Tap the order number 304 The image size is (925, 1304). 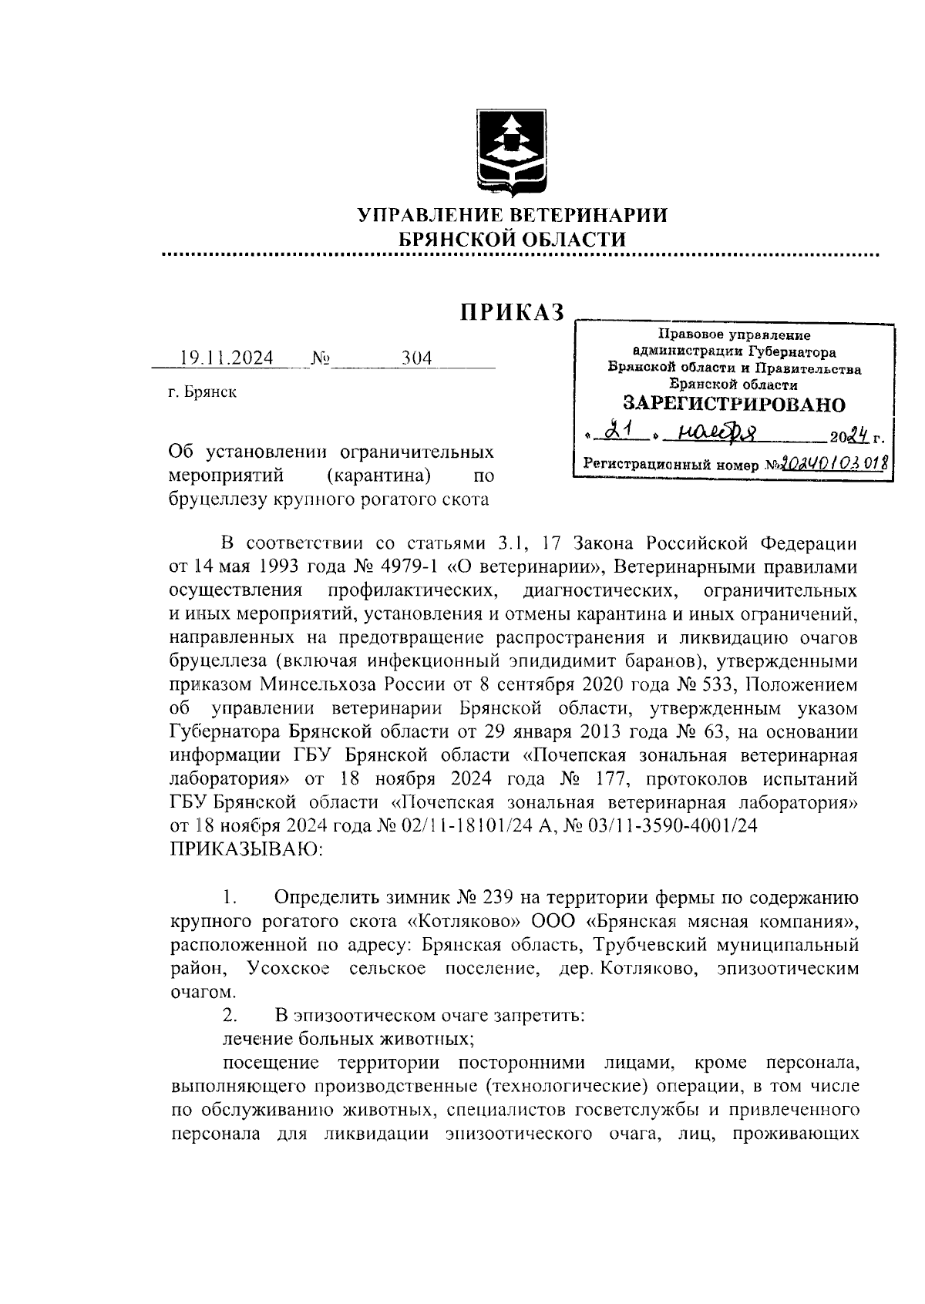point(417,359)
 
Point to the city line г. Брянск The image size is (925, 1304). point(203,393)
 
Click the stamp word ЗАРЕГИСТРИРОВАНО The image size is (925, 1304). point(733,404)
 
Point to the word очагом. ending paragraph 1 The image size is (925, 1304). point(202,992)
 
